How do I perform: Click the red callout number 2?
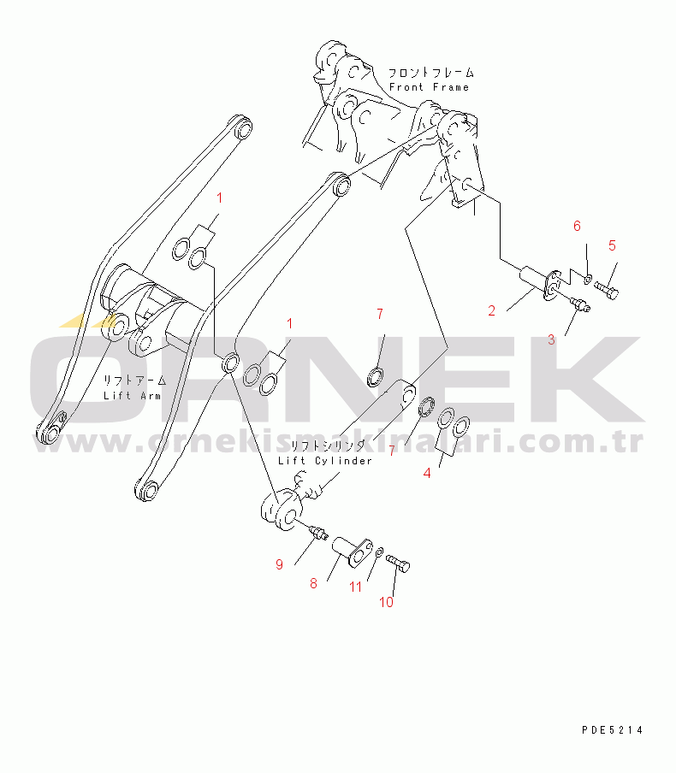pyautogui.click(x=491, y=310)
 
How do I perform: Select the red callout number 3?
pyautogui.click(x=551, y=339)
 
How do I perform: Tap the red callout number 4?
pyautogui.click(x=427, y=473)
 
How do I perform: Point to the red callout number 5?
pyautogui.click(x=612, y=245)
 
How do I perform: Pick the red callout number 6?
pyautogui.click(x=577, y=226)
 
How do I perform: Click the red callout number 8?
pyautogui.click(x=313, y=584)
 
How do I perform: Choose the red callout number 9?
pyautogui.click(x=279, y=564)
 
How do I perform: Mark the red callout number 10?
pyautogui.click(x=386, y=602)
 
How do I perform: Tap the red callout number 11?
pyautogui.click(x=356, y=587)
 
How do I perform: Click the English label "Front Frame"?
pyautogui.click(x=429, y=87)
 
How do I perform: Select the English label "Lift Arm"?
pyautogui.click(x=133, y=395)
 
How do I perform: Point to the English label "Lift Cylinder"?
pyautogui.click(x=325, y=460)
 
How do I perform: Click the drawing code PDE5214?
pyautogui.click(x=613, y=730)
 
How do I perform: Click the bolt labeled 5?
pyautogui.click(x=607, y=289)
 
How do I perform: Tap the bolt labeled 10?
pyautogui.click(x=398, y=563)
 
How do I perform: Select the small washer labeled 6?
pyautogui.click(x=587, y=280)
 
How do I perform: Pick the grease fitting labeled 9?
pyautogui.click(x=318, y=532)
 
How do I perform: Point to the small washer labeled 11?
pyautogui.click(x=379, y=552)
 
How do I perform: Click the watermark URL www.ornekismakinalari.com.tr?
pyautogui.click(x=337, y=442)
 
